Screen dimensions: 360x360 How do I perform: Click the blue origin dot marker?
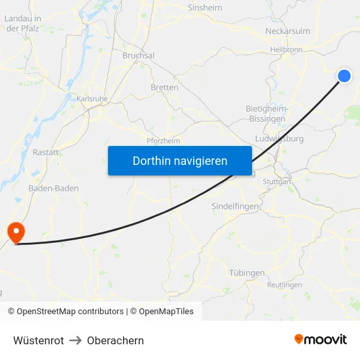point(344,77)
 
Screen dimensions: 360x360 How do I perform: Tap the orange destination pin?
point(14,232)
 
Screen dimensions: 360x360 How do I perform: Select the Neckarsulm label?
point(287,31)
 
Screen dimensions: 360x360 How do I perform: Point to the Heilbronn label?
point(286,50)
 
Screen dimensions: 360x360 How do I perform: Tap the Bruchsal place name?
point(138,56)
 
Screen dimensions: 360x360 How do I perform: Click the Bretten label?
point(164,87)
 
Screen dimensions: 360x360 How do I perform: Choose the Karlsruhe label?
point(92,98)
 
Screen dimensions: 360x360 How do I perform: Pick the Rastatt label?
point(46,152)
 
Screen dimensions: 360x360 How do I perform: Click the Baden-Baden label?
point(54,188)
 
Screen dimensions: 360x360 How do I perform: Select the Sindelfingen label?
point(235,206)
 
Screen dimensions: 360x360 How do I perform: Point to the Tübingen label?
point(247,272)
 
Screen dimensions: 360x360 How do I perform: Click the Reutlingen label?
point(285,285)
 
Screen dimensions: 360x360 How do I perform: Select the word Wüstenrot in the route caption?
point(39,340)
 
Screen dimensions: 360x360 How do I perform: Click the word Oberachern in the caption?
point(115,340)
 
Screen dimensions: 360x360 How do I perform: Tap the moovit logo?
point(320,339)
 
